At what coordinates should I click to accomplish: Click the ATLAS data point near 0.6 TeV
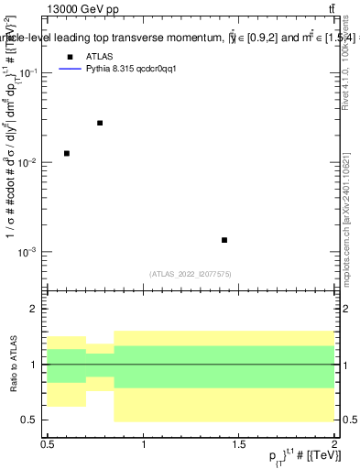pyautogui.click(x=67, y=153)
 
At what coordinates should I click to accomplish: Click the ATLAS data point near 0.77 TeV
pyautogui.click(x=100, y=123)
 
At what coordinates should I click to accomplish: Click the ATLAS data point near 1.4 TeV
pyautogui.click(x=224, y=240)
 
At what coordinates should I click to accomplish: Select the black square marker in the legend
pyautogui.click(x=70, y=56)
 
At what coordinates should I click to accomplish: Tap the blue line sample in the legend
pyautogui.click(x=70, y=69)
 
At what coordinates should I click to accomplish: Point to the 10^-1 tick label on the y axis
pyautogui.click(x=27, y=72)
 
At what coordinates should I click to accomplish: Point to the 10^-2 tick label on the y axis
pyautogui.click(x=27, y=162)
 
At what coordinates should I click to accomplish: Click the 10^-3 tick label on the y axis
pyautogui.click(x=27, y=252)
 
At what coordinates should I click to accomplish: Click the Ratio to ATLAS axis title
pyautogui.click(x=11, y=365)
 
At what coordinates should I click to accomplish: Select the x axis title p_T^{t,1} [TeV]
pyautogui.click(x=293, y=457)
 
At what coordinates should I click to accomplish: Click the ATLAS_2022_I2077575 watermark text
pyautogui.click(x=191, y=274)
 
